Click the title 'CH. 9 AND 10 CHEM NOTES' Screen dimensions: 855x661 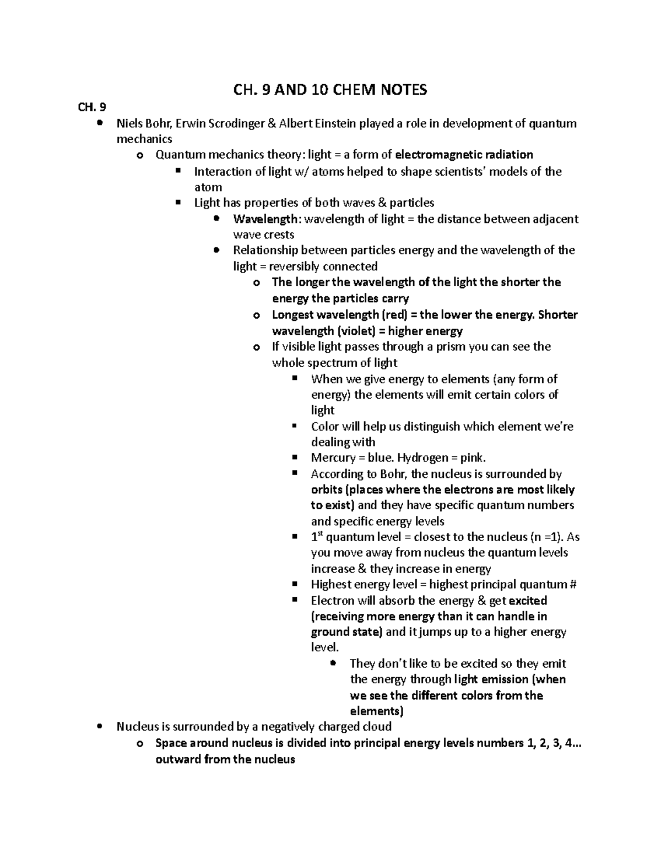tap(330, 90)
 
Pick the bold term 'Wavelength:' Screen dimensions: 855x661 tap(267, 219)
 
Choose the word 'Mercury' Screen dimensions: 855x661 tap(333, 458)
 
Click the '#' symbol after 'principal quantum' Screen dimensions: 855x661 tap(572, 585)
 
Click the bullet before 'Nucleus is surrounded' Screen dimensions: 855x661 tap(99, 727)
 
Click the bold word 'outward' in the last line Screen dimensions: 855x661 tap(178, 760)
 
